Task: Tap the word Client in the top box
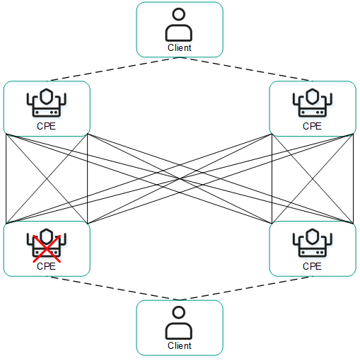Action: pos(179,48)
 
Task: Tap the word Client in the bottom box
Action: pos(179,346)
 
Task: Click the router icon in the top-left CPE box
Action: pos(46,104)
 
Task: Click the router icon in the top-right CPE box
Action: pos(312,104)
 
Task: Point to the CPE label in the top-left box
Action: pos(46,127)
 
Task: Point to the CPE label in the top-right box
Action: pos(312,127)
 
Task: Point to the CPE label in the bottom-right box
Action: pos(312,267)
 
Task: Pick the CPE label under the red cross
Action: pos(46,267)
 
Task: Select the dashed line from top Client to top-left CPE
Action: pos(113,69)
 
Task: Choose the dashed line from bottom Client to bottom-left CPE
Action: pos(113,288)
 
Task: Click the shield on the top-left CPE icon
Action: pos(46,96)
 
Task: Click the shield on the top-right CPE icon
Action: pos(312,96)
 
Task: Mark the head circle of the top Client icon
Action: pos(179,15)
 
